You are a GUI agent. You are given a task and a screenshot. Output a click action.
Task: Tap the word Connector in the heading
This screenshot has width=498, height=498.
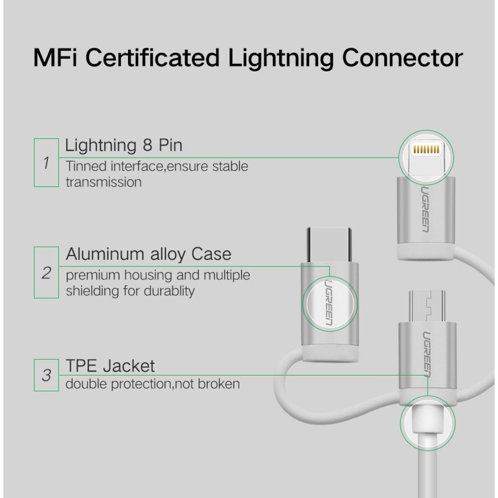coord(402,58)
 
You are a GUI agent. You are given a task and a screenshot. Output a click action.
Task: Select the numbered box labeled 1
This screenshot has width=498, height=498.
coord(46,163)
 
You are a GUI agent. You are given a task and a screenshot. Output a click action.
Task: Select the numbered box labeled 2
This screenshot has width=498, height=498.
coord(46,273)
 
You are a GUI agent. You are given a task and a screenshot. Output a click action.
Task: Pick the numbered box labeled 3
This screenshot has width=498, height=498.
coord(46,375)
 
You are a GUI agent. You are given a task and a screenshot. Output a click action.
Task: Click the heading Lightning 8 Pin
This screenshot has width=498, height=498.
coord(123,145)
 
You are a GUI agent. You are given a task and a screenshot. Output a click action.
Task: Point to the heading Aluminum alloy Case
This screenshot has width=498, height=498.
coord(148,254)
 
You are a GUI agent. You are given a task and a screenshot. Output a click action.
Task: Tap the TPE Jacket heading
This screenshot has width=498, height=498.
coord(110,366)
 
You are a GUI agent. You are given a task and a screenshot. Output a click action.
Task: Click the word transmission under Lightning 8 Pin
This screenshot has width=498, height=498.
coord(103,182)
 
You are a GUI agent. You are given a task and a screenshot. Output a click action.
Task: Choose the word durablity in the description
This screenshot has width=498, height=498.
coord(169,291)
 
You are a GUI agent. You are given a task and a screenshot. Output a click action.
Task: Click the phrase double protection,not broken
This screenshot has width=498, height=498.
coord(152,384)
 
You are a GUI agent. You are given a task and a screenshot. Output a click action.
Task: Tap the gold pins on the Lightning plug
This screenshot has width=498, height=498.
coord(426,149)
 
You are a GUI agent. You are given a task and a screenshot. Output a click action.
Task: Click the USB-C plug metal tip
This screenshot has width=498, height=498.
coord(329,244)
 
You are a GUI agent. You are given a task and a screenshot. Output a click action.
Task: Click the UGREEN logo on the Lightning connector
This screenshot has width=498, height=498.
coord(425,209)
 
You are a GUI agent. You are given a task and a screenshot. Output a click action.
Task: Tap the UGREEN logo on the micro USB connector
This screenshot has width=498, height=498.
coord(427,354)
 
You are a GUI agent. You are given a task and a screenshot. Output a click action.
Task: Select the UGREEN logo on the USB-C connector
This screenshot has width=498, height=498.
coord(329,303)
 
